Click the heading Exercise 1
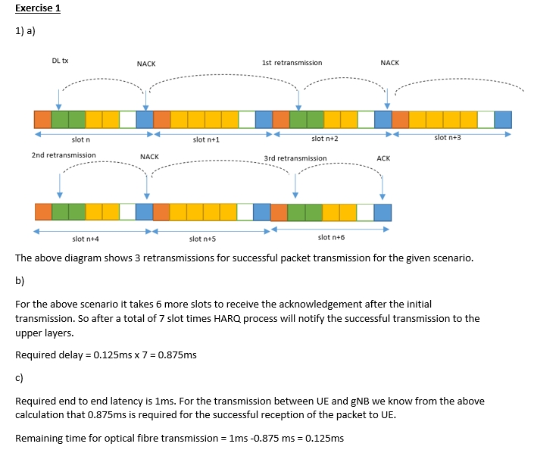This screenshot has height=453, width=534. coord(38,8)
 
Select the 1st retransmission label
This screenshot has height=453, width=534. coord(292,62)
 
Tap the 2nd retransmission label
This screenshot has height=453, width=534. coord(64,155)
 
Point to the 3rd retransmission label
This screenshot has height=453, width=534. coord(295,158)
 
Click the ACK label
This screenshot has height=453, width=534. coord(383,158)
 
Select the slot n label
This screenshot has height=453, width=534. coord(81,139)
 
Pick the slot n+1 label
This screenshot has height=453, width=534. coord(206,139)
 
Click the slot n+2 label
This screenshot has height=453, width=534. coord(324,139)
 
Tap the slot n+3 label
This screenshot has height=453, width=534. coord(448,137)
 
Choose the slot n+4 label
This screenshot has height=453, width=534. coord(86,239)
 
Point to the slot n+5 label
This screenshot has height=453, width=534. coord(203,239)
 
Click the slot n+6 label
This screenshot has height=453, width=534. coord(331,237)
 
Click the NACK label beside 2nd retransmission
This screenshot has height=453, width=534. coord(149,156)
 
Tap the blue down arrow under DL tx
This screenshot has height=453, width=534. coord(59,95)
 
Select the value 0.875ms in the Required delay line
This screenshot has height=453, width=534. coord(180,355)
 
